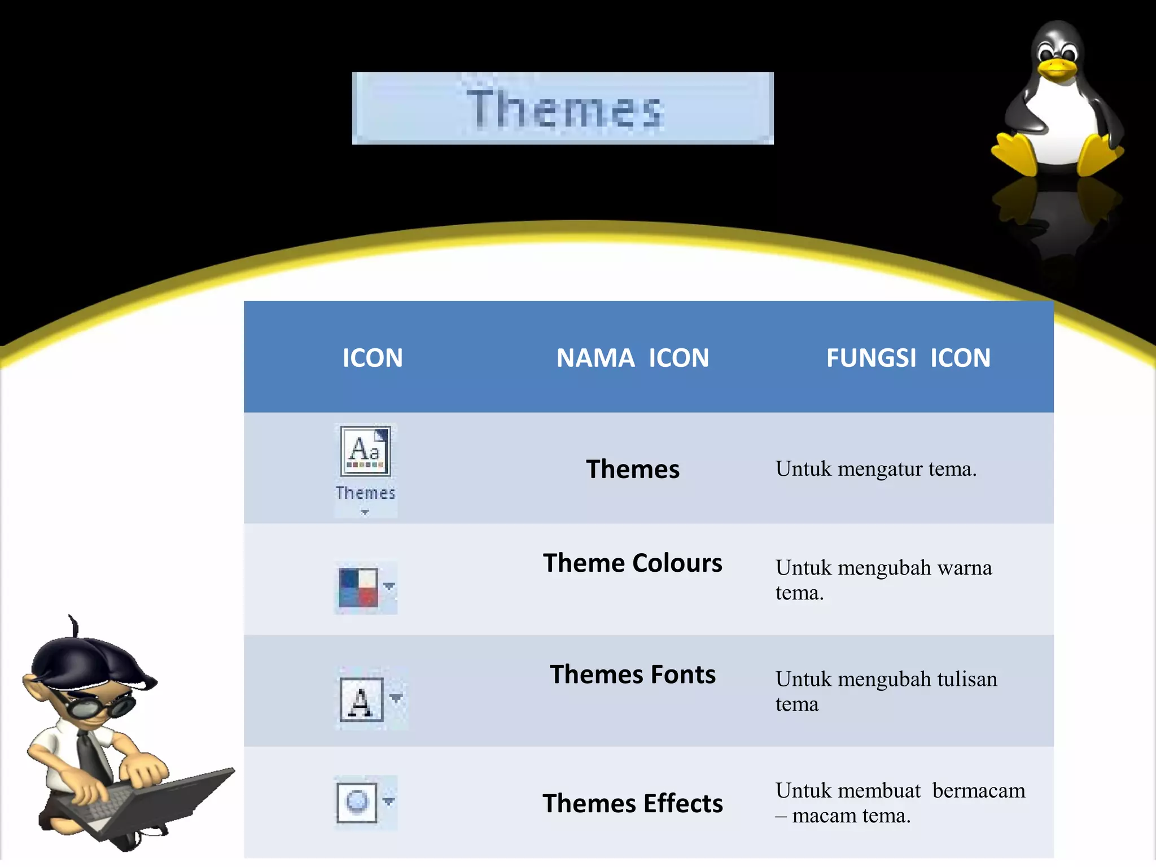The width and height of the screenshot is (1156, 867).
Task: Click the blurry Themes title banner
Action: tap(563, 108)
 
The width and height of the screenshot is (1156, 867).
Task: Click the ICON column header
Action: tap(373, 358)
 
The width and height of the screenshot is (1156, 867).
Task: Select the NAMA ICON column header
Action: tap(633, 358)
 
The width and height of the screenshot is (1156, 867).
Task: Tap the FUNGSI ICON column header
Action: tap(908, 358)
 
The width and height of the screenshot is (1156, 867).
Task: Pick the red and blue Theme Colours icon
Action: tap(358, 588)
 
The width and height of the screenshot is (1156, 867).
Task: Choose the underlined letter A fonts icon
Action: tap(362, 700)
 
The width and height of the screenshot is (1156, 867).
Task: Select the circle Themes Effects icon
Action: tap(357, 802)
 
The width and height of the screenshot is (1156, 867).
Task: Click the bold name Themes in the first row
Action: tap(633, 469)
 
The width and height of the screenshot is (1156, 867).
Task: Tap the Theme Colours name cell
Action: tap(633, 563)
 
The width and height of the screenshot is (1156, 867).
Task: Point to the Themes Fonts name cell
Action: tap(633, 675)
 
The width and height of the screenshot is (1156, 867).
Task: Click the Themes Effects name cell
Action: tap(633, 803)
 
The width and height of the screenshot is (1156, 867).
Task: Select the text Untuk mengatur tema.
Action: tap(875, 469)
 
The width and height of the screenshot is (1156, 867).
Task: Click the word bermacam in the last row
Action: tap(979, 791)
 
